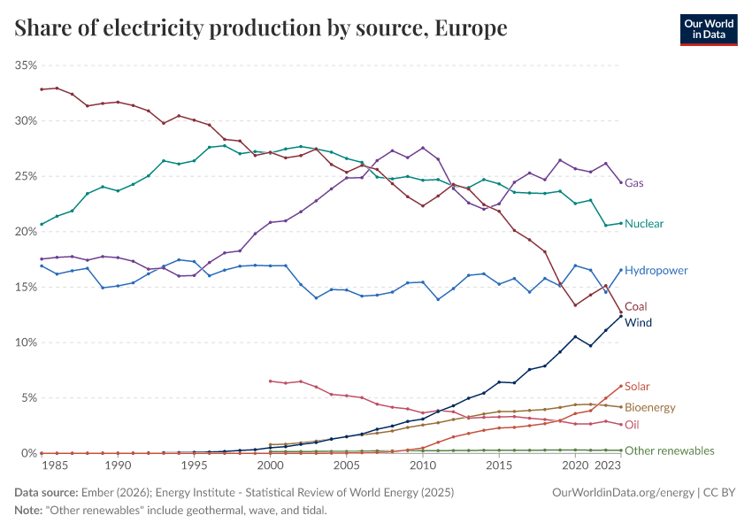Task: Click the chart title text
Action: [261, 28]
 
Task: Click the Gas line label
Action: [633, 183]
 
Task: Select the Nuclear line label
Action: [643, 224]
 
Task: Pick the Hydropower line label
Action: [656, 270]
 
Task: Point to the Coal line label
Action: [635, 306]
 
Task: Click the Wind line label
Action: [637, 323]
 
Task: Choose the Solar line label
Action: [637, 386]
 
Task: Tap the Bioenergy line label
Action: [649, 408]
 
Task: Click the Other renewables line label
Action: [669, 450]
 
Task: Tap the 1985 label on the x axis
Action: [57, 465]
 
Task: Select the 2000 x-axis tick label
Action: [270, 465]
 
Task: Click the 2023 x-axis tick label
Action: [607, 465]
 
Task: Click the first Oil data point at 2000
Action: [270, 381]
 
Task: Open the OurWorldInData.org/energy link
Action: [622, 492]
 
